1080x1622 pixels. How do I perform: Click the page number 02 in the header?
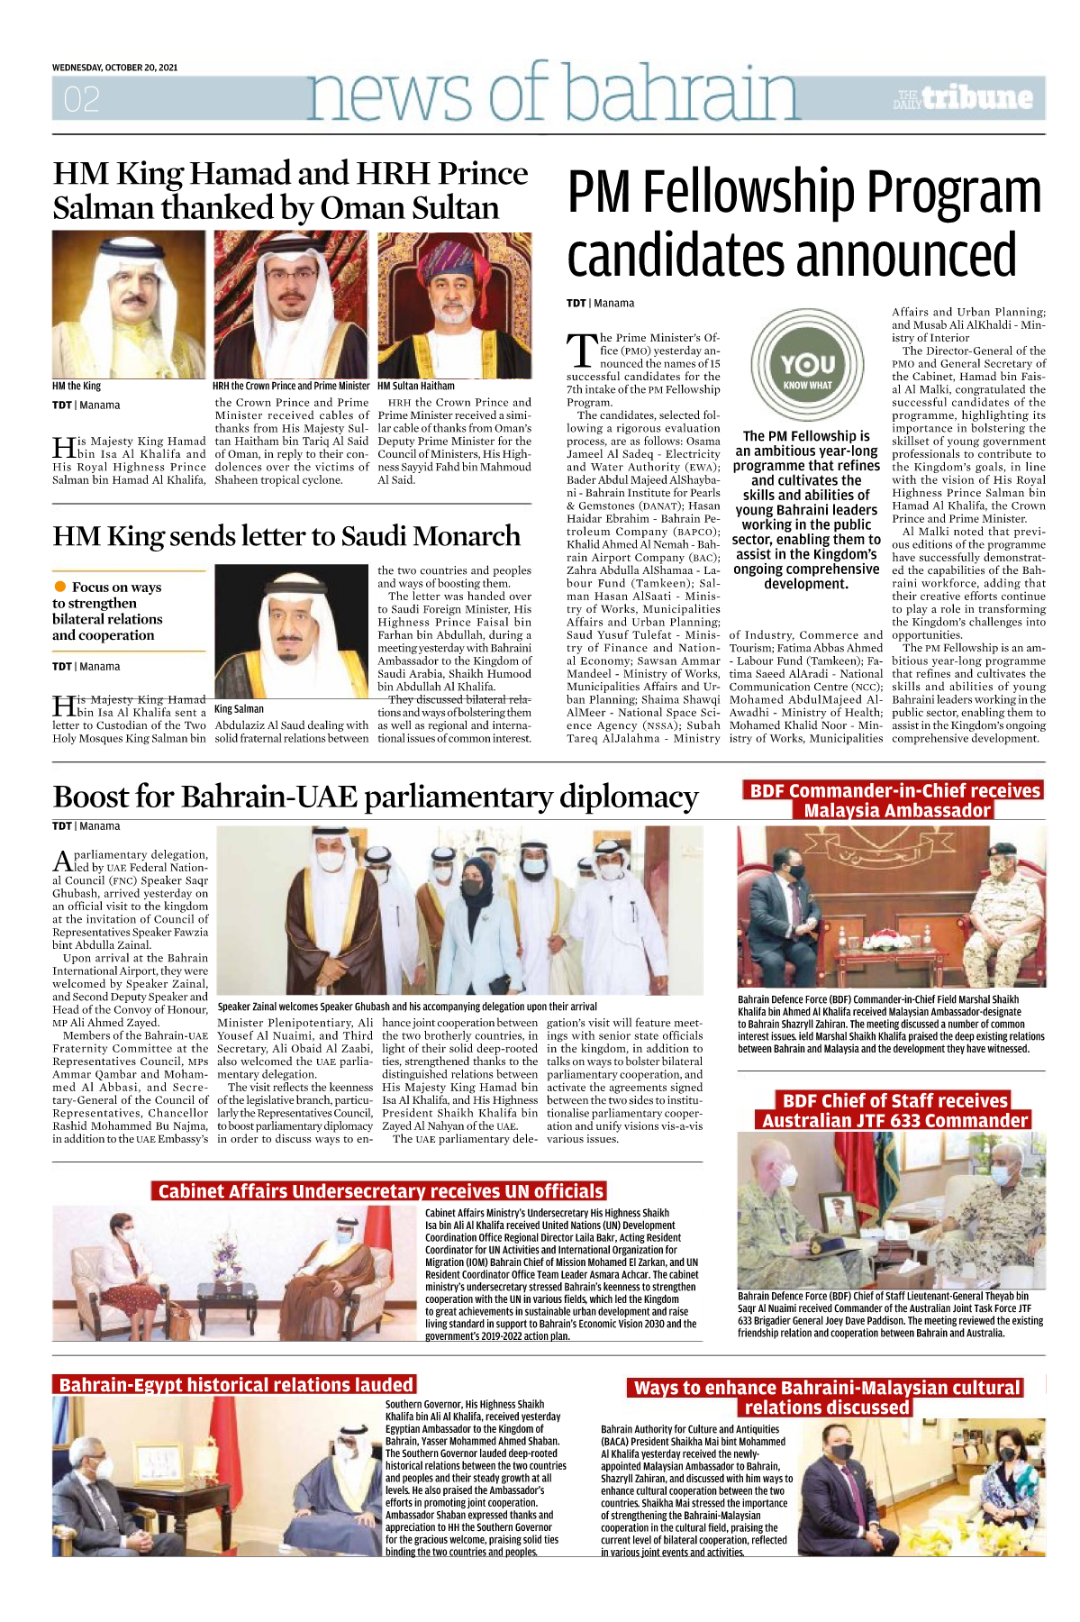coord(81,98)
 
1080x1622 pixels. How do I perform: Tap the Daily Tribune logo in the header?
coord(962,98)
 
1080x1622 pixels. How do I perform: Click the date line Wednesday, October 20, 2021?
coord(114,68)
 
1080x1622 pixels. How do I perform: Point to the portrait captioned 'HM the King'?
coord(129,305)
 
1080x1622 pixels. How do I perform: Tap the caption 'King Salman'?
coord(239,709)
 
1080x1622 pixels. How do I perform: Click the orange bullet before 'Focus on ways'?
coord(60,587)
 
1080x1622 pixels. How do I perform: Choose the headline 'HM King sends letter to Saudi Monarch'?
coord(286,536)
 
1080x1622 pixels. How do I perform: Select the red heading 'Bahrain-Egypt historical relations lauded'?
coord(236,1384)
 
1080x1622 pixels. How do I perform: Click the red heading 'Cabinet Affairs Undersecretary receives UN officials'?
coord(380,1191)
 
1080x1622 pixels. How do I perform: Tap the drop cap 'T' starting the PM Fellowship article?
coord(582,351)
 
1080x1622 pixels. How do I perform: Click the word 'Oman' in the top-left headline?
coord(361,208)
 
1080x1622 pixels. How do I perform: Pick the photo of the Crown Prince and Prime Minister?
coord(292,305)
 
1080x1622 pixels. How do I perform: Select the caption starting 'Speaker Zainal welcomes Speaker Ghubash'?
coord(407,1006)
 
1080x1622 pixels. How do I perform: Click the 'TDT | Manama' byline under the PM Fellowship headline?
coord(600,304)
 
